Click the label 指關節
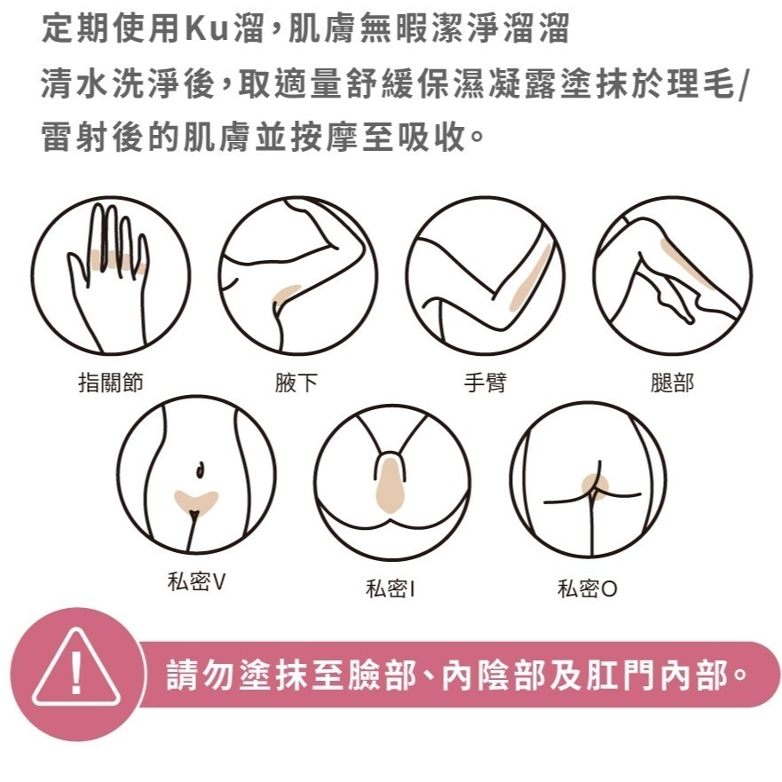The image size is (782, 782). [x=111, y=383]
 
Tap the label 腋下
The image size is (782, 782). [x=296, y=383]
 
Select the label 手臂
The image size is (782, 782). [x=486, y=383]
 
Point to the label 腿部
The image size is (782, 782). [x=672, y=383]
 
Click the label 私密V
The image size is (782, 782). [x=196, y=582]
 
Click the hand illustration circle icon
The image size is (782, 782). [x=110, y=275]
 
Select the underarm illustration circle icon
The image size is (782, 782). [x=297, y=275]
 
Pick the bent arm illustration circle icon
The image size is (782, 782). [x=485, y=275]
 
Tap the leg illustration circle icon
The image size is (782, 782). [x=672, y=275]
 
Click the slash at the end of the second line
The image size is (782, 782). [x=742, y=87]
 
